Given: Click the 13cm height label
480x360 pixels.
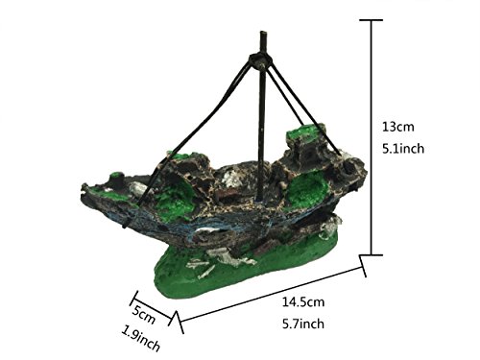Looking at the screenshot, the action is (398, 127).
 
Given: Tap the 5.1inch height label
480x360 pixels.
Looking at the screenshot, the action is (403, 149).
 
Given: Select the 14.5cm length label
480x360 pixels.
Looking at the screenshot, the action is (303, 301).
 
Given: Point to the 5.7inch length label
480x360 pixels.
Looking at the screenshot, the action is (303, 324).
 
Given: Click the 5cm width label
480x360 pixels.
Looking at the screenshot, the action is (143, 314).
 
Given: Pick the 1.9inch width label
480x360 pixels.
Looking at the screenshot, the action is (140, 339).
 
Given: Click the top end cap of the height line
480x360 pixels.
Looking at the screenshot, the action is (372, 20).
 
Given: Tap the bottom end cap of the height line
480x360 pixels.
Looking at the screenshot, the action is (372, 255).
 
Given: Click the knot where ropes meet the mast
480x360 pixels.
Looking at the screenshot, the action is (260, 60).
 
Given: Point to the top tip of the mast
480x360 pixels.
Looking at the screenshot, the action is (263, 33).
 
